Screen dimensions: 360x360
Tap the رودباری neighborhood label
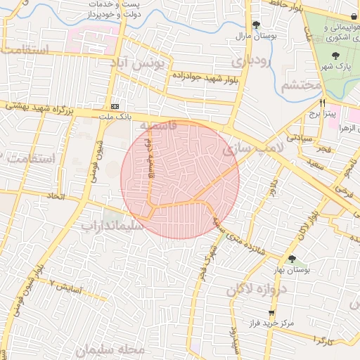coord(250,62)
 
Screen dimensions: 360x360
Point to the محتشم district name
coord(301,86)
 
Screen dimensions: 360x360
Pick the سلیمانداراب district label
coord(112,226)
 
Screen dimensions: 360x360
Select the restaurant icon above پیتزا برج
coord(322,102)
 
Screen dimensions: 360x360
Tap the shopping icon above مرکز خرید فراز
coord(271,313)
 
